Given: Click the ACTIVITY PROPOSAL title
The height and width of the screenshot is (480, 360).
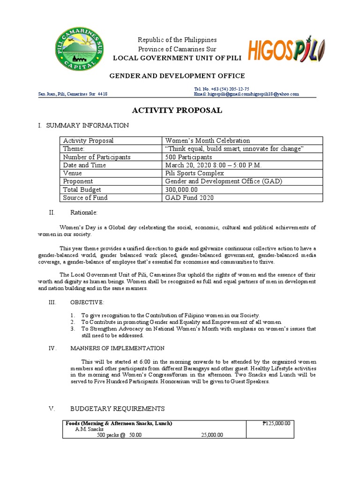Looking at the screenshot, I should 177,111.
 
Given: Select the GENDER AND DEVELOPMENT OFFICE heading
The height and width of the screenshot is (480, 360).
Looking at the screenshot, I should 177,76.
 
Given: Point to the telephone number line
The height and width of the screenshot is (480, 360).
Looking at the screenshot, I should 221,89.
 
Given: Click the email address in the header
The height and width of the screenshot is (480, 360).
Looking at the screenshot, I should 246,94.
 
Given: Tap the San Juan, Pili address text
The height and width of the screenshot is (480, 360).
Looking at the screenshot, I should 73,94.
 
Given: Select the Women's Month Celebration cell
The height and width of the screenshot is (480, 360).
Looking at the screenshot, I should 208,141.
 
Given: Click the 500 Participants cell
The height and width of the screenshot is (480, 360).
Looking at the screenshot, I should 188,157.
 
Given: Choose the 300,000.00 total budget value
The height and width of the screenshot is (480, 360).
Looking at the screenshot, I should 181,189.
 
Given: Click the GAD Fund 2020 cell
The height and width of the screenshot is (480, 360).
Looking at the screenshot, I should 189,197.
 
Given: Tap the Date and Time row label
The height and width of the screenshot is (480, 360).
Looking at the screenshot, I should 84,165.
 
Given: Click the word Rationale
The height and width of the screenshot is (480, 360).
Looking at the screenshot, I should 84,213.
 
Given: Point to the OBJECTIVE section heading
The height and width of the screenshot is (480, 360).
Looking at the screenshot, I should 88,302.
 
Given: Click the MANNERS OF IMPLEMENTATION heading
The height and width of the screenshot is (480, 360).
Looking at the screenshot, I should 117,348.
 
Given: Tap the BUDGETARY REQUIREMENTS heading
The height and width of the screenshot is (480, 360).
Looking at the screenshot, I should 117,409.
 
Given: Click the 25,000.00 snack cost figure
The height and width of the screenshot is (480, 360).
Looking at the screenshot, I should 212,435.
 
